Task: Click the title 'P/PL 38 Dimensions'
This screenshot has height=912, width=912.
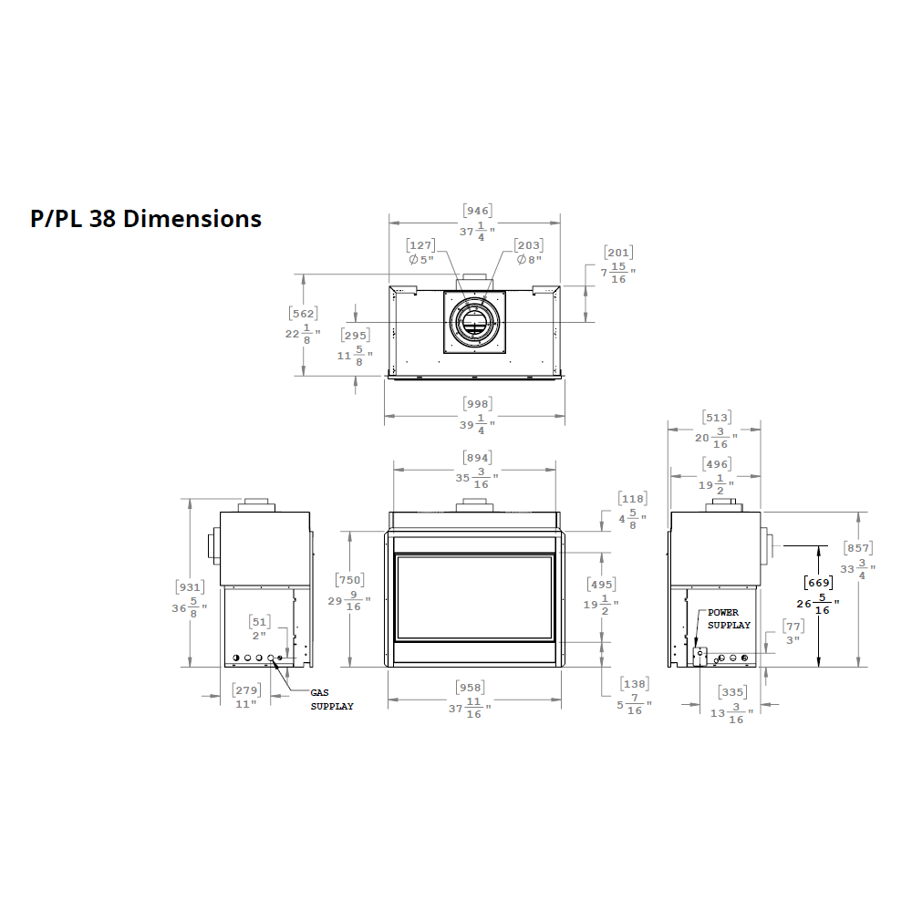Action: [x=146, y=219]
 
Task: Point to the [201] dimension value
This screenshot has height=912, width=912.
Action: [x=618, y=253]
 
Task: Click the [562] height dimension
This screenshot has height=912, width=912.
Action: [x=303, y=314]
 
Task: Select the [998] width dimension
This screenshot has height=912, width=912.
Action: [x=477, y=404]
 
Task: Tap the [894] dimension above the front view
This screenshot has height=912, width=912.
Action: [x=477, y=458]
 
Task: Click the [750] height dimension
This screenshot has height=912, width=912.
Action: [x=351, y=581]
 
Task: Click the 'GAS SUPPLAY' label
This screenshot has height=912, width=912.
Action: [x=331, y=700]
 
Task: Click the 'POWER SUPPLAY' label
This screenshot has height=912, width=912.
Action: [x=729, y=619]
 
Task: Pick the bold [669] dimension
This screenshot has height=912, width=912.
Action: [x=817, y=583]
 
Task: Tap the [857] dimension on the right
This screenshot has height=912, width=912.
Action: [x=857, y=548]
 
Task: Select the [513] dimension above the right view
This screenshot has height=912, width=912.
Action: [x=716, y=419]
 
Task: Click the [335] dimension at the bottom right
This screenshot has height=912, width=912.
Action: [x=731, y=692]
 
